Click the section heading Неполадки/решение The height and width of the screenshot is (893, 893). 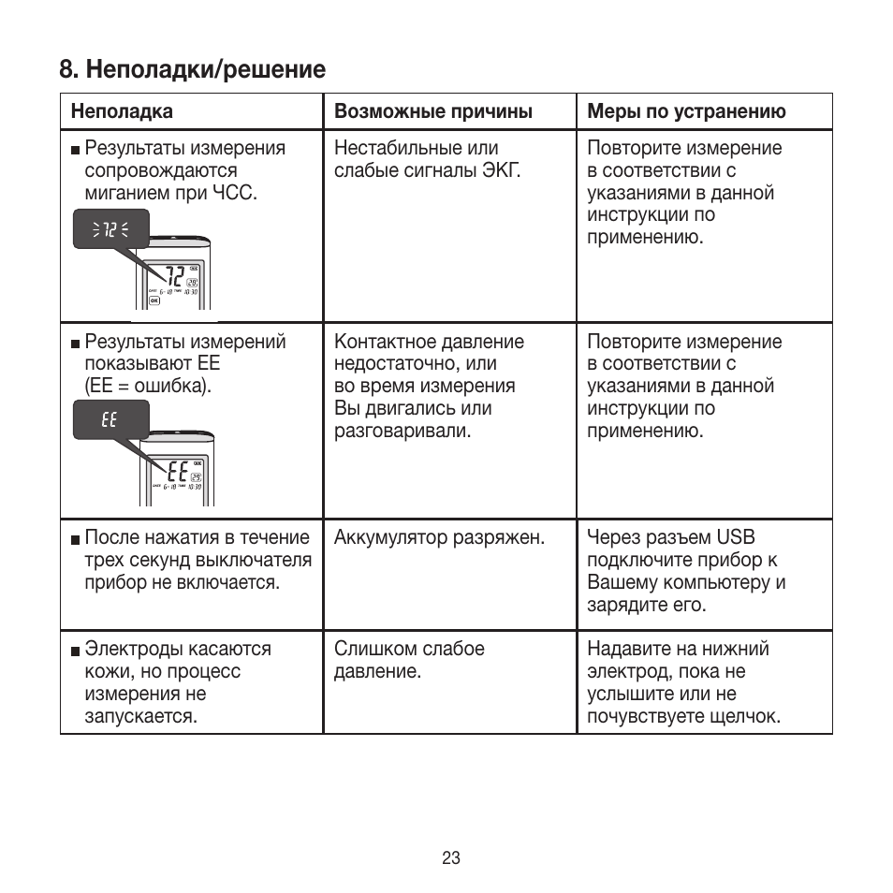[x=192, y=69]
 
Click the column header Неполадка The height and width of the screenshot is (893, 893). [x=122, y=111]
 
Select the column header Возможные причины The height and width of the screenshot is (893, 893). [x=433, y=111]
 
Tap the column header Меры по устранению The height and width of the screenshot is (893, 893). [x=686, y=111]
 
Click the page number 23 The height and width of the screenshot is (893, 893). [x=451, y=858]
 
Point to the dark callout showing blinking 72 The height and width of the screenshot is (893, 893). [x=110, y=229]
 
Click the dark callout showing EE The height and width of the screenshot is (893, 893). [x=110, y=419]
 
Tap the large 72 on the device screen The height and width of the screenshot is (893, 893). [x=172, y=277]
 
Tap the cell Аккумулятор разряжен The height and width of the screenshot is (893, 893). [x=439, y=538]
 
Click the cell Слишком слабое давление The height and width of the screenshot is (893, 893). [x=409, y=660]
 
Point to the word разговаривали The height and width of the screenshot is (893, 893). [x=403, y=431]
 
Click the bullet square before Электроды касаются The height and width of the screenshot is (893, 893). [x=75, y=651]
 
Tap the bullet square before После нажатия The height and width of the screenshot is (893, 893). [x=75, y=539]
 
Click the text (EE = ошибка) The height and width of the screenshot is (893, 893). [x=148, y=386]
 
